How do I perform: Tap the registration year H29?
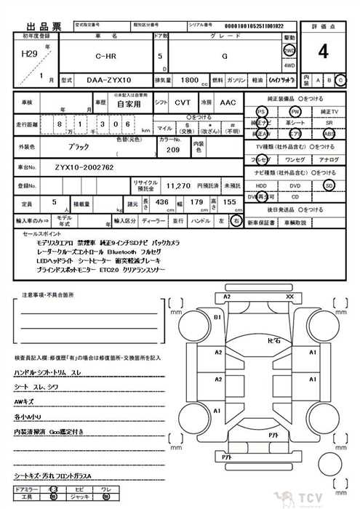coord(30,54)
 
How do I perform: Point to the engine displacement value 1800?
coord(188,79)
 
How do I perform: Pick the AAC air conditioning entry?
coord(228,104)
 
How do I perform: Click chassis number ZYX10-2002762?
coord(84,167)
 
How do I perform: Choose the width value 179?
coord(195,202)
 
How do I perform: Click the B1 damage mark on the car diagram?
coord(217,318)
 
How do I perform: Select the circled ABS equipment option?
coord(329,135)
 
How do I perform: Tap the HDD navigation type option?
coord(261,185)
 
